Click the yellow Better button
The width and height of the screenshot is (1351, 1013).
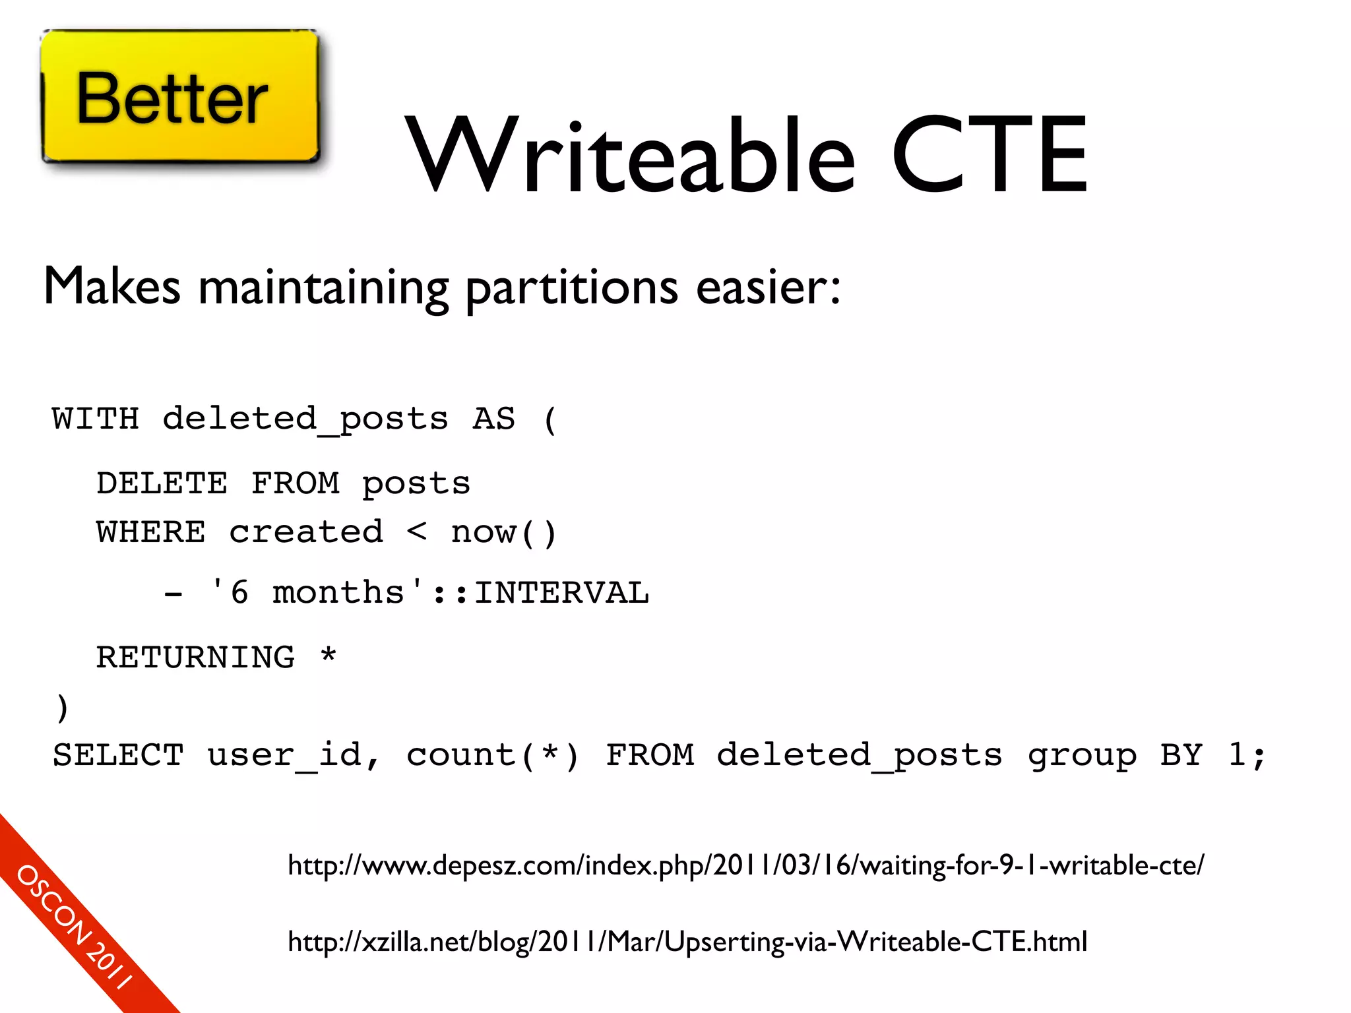click(x=179, y=96)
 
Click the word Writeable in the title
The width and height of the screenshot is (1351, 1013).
click(x=630, y=156)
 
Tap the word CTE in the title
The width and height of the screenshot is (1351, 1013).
click(x=989, y=156)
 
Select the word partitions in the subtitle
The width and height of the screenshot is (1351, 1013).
click(x=571, y=288)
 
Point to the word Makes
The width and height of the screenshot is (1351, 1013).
click(x=112, y=286)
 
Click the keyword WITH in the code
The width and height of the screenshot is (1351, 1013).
click(x=96, y=419)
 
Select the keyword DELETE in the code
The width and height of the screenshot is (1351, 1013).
click(x=162, y=483)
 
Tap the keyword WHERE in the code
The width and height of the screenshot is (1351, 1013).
click(x=151, y=532)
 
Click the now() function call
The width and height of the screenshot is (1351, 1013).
click(x=504, y=532)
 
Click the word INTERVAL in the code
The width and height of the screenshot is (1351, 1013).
click(x=561, y=593)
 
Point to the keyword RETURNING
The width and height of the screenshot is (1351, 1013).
click(x=196, y=658)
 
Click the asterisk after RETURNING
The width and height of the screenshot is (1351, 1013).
click(x=329, y=656)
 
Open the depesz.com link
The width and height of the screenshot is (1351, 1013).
click(x=745, y=865)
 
